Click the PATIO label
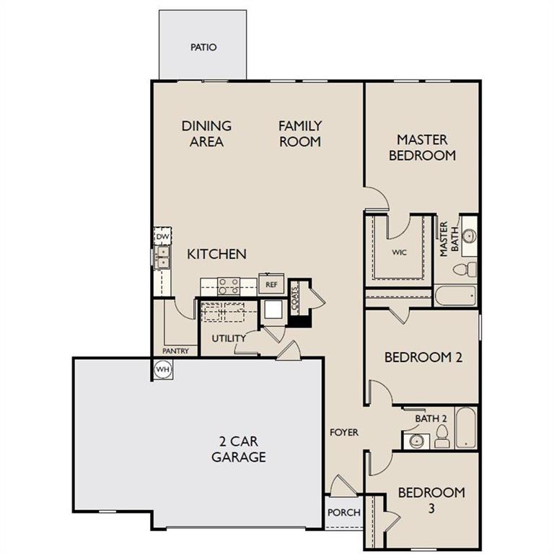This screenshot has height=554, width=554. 203,48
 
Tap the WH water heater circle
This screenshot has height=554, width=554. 162,369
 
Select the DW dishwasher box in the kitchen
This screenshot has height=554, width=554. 162,236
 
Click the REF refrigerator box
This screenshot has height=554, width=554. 271,284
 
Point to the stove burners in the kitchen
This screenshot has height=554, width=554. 229,286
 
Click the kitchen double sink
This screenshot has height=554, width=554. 163,256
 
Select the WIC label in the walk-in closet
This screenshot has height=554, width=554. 400,253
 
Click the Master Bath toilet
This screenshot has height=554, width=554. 465,269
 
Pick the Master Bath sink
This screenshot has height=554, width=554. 468,236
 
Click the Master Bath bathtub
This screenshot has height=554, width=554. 455,296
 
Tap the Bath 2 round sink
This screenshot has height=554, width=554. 415,440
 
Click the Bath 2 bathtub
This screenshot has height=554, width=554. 466,428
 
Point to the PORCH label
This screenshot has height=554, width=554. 344,513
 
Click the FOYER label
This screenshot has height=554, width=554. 344,432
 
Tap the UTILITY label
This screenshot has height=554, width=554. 229,338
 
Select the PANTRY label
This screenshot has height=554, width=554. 175,351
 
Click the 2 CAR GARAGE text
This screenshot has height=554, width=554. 238,449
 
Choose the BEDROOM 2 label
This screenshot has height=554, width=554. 423,357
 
